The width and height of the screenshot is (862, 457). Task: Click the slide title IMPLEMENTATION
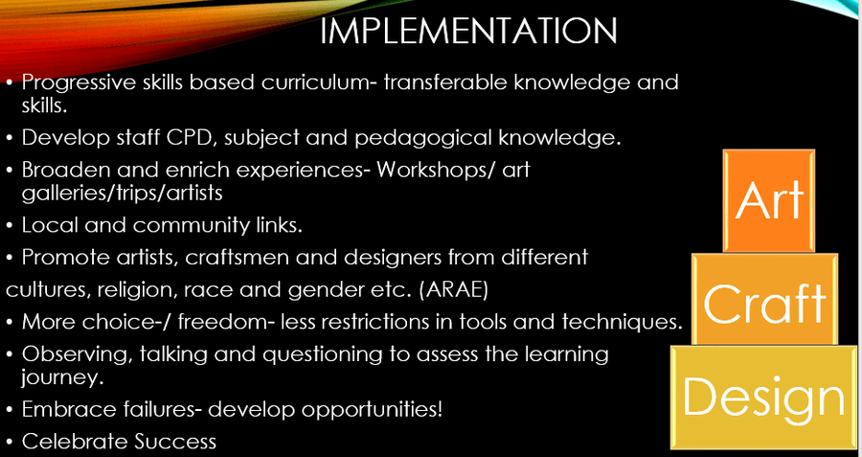[467, 31]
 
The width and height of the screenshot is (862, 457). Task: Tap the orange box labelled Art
[769, 200]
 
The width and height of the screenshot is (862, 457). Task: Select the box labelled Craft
[764, 299]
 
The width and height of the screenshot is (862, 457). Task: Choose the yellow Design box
[763, 397]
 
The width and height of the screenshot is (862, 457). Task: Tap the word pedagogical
[424, 139]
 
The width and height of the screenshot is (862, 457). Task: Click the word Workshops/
[439, 171]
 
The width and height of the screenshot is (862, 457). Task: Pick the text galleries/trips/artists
[122, 194]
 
